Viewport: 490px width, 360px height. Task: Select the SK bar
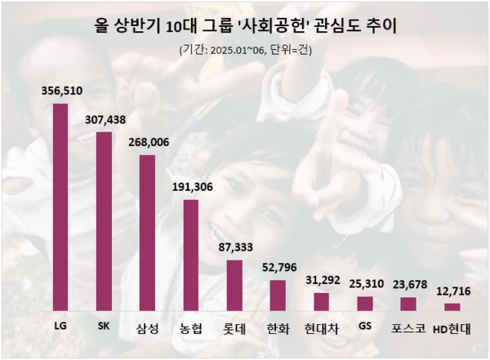click(x=104, y=221)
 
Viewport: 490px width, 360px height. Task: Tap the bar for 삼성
click(x=147, y=233)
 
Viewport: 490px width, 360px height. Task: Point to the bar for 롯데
click(x=234, y=285)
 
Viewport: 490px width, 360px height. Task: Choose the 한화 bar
click(x=278, y=295)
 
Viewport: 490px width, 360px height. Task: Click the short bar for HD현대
click(x=452, y=307)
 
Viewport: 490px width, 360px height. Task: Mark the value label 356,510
click(x=61, y=92)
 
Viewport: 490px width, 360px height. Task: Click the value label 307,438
click(x=105, y=119)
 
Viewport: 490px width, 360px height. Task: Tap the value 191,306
click(x=192, y=186)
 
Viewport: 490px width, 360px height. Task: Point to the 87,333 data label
click(x=235, y=246)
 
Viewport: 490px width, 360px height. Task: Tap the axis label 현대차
click(x=322, y=329)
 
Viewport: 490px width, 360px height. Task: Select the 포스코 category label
click(x=408, y=329)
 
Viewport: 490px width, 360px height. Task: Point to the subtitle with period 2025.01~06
click(x=245, y=50)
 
